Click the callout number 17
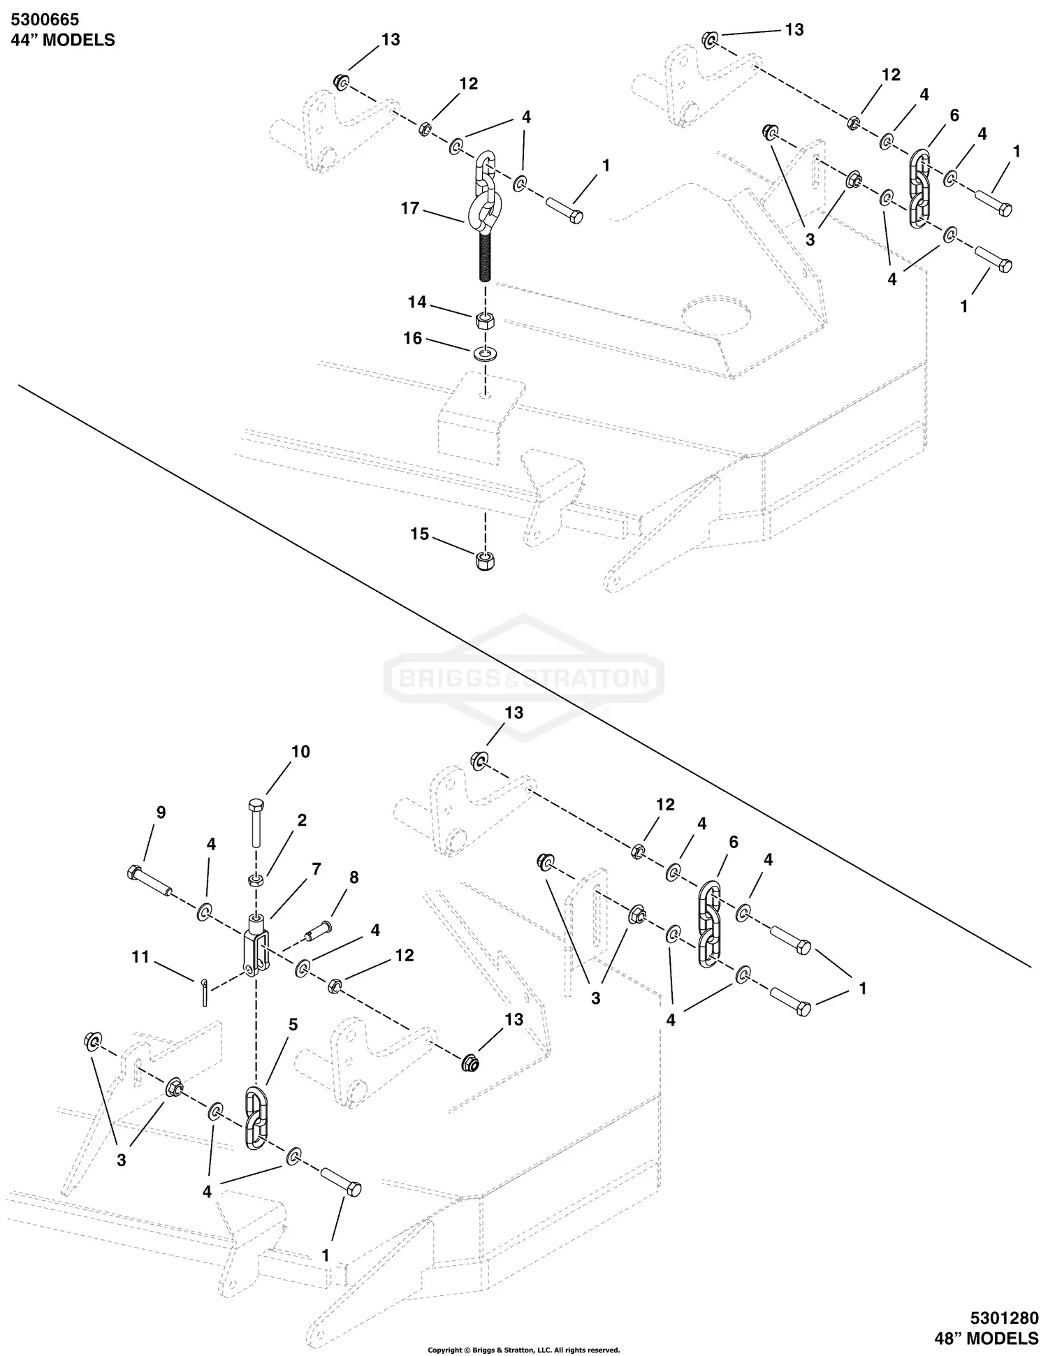410,207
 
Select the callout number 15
419,534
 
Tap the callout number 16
413,338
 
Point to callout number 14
417,302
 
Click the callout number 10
300,752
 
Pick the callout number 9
161,812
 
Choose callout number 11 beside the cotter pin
141,956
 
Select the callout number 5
293,1024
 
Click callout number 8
354,877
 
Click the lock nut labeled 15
483,560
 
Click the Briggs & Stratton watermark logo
523,677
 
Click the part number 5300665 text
45,20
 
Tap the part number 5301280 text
1005,1318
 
